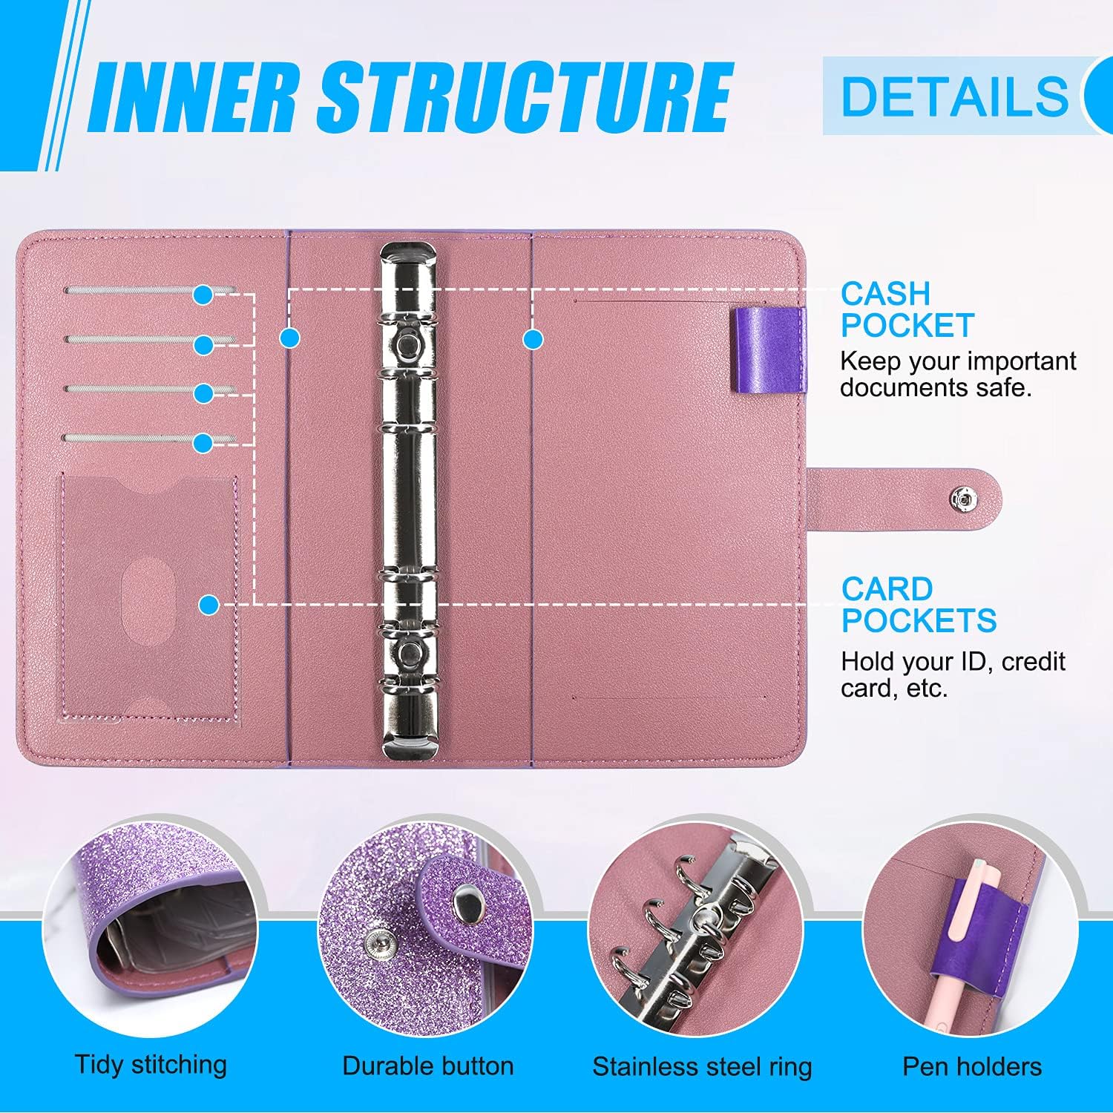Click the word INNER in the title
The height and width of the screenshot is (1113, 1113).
tap(197, 96)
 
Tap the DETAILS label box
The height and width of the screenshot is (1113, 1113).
tap(954, 96)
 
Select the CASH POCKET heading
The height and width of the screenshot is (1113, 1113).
tap(907, 310)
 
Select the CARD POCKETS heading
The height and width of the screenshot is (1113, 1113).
tap(919, 605)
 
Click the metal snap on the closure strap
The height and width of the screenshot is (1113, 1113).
tap(963, 500)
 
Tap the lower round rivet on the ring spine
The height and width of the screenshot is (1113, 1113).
tap(407, 653)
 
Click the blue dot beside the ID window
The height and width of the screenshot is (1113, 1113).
tap(209, 605)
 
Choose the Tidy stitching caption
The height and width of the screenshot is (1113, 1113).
tap(151, 1065)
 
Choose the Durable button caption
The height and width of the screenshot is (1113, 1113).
tap(428, 1066)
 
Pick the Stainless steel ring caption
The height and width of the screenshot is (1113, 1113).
tap(702, 1067)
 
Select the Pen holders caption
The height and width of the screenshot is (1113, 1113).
tap(972, 1067)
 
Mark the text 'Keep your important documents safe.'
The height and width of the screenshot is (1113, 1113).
tap(957, 375)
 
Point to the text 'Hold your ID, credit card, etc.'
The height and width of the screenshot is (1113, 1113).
tap(953, 674)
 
